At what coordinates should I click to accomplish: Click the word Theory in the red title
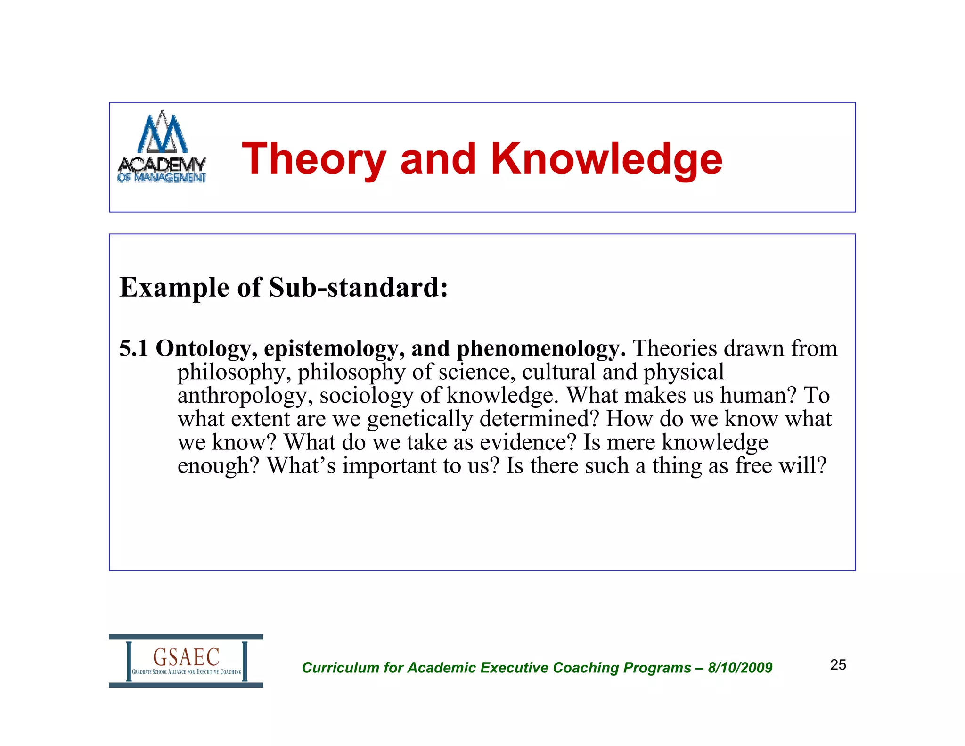coord(314,159)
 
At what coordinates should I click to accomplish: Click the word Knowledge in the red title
coord(606,159)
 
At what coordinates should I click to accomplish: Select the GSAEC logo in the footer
coord(186,661)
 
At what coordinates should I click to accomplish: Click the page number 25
coord(838,665)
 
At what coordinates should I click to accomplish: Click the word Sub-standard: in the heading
coord(358,287)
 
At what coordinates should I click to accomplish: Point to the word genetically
coord(419,419)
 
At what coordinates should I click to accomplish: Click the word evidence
coord(528,442)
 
